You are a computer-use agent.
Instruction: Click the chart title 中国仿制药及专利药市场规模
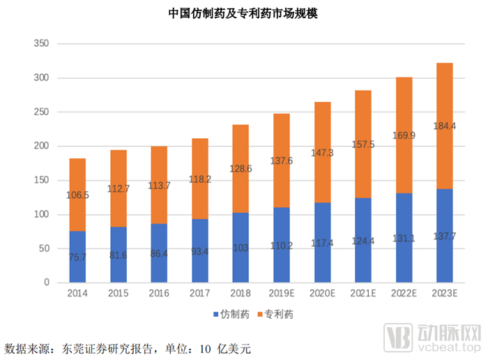243,13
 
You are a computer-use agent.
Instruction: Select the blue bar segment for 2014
77,257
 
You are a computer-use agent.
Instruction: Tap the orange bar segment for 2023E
444,126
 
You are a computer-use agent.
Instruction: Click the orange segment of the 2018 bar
240,168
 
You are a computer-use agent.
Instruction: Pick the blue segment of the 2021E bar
363,240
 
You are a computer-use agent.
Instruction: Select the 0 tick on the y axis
46,283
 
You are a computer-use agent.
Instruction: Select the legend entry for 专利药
273,315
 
